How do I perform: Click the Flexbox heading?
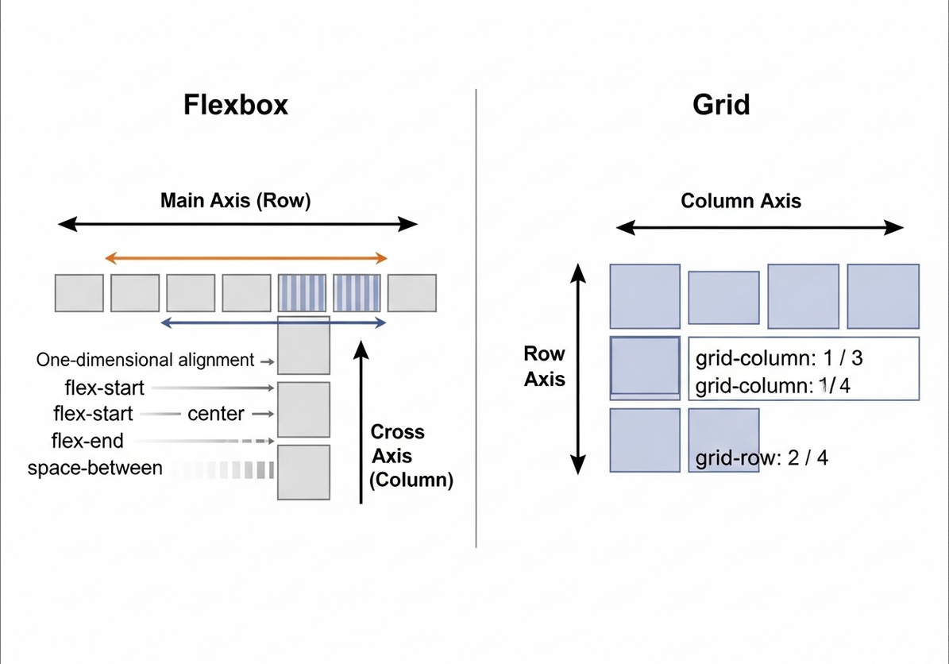(236, 105)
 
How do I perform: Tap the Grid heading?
(721, 105)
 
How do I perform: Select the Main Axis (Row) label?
(235, 200)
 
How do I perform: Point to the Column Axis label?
(741, 201)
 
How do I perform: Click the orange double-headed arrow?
(246, 257)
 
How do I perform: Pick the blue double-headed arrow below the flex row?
(273, 322)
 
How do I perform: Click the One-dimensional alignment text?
(145, 360)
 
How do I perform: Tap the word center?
(216, 414)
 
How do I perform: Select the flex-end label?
(87, 441)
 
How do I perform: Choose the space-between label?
(95, 468)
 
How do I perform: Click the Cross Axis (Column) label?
(411, 456)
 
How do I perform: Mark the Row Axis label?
(545, 367)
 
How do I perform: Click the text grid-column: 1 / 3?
(779, 358)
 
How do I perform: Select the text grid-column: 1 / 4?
(773, 387)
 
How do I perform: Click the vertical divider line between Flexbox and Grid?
(476, 318)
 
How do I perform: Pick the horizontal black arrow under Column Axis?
(760, 229)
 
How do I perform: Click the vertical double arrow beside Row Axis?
(579, 369)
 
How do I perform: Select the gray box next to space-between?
(303, 472)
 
